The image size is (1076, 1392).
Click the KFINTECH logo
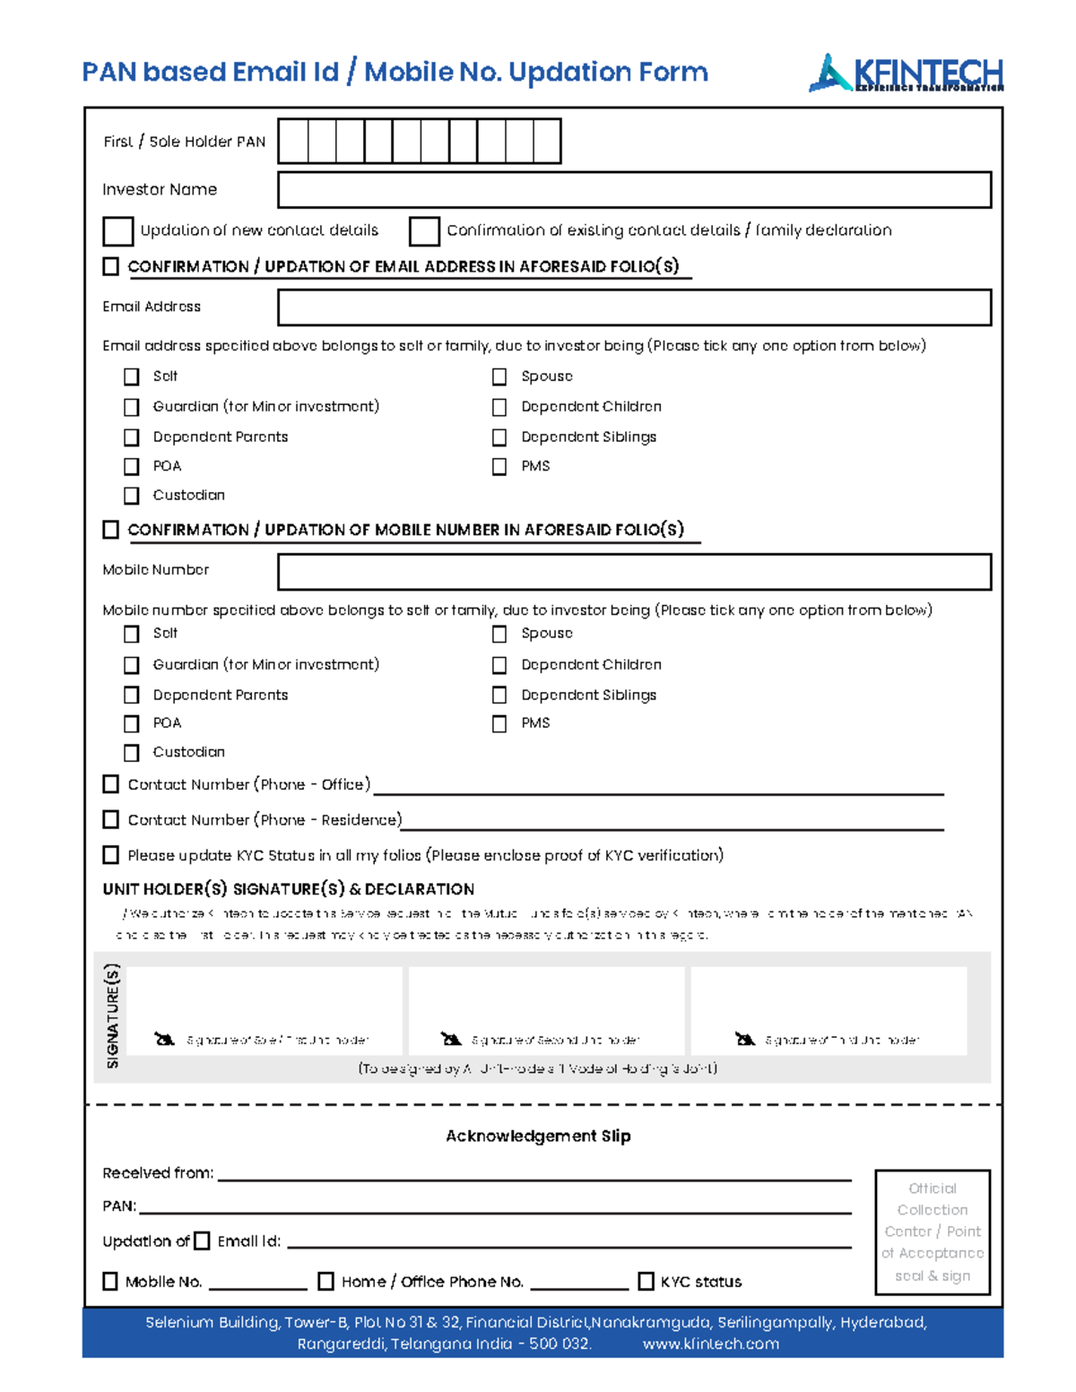click(x=906, y=73)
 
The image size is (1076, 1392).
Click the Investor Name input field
click(x=634, y=190)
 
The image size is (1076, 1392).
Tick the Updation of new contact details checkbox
click(x=117, y=231)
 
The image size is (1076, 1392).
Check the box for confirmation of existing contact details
click(x=424, y=231)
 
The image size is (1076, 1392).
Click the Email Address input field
click(x=634, y=307)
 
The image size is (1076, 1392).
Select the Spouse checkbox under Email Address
click(x=499, y=377)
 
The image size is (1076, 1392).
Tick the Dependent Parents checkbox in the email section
click(x=132, y=437)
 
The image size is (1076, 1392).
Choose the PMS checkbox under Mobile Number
click(x=499, y=724)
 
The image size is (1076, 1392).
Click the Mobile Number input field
click(x=634, y=572)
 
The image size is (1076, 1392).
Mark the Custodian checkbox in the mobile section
click(x=132, y=753)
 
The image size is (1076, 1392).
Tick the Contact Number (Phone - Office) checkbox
click(x=111, y=784)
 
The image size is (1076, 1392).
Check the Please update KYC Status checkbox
click(x=111, y=855)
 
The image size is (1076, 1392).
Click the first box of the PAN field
click(x=293, y=142)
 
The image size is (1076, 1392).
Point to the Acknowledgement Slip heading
click(x=538, y=1136)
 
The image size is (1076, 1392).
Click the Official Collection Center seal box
click(x=933, y=1232)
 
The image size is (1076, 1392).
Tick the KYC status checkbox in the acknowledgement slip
click(x=646, y=1282)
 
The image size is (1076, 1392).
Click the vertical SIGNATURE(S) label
click(x=112, y=1016)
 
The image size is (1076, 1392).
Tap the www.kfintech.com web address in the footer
click(x=710, y=1344)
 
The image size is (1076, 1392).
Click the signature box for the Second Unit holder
click(x=546, y=1008)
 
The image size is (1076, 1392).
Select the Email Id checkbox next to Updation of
click(x=203, y=1241)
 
